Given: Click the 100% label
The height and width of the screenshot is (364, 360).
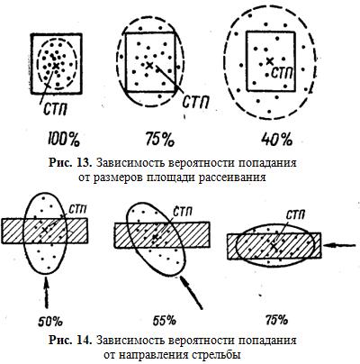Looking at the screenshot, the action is (63, 139).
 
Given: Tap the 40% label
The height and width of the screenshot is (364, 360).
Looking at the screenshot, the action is (276, 139).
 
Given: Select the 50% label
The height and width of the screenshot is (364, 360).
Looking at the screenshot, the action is (50, 322).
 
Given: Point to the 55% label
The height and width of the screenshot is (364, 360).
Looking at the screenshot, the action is (164, 321).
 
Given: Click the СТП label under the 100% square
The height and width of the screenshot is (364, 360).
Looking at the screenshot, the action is (55, 109).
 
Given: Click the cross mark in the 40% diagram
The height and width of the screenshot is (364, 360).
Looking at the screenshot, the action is (270, 61).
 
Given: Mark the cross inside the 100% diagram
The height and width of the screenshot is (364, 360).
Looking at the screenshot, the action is (56, 66).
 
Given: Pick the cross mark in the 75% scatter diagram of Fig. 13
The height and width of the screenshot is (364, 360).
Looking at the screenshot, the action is (149, 65).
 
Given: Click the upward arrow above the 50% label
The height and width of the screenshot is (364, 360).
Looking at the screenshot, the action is (46, 293).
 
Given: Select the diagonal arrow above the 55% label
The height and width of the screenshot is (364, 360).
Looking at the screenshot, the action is (192, 293).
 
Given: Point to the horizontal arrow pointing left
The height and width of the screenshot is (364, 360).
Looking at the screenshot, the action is (341, 245).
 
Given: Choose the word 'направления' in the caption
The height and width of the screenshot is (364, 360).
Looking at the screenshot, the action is (153, 355).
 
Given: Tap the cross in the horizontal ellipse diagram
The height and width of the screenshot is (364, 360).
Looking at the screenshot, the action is (274, 246).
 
